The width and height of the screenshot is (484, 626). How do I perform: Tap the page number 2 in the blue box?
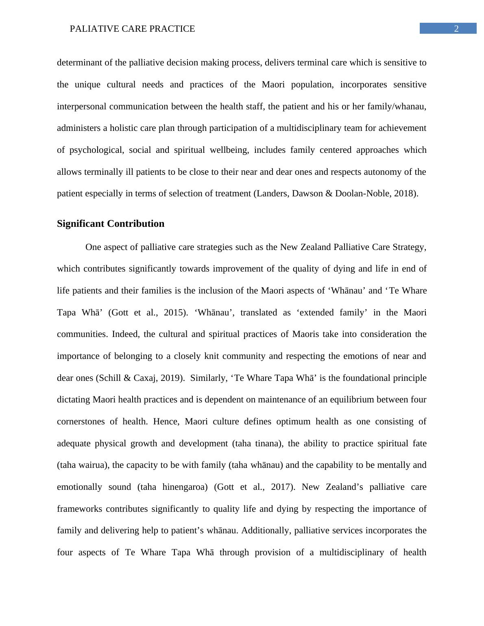click(456, 28)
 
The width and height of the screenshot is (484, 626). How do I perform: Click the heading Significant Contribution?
click(111, 224)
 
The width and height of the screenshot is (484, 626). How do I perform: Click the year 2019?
click(171, 378)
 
